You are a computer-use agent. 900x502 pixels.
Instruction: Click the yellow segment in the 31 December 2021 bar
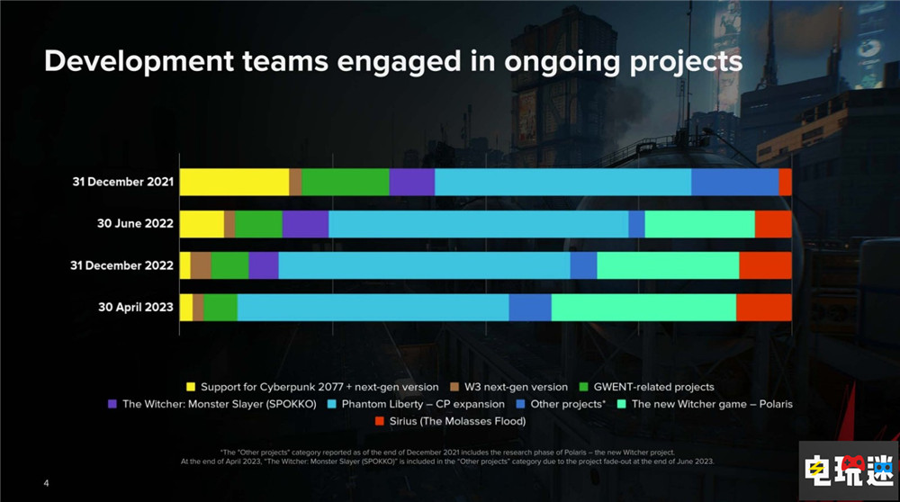tap(234, 182)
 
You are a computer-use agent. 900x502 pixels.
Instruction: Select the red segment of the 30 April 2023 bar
tap(763, 307)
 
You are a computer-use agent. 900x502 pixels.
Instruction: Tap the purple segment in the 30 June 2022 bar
tap(305, 224)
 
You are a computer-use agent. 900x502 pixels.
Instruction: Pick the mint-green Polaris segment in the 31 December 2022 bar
tap(668, 265)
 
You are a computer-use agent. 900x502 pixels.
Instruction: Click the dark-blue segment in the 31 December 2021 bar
tap(734, 182)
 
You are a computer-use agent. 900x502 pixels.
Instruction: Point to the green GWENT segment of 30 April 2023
tap(220, 307)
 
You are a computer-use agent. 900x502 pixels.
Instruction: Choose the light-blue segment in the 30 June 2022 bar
tap(478, 224)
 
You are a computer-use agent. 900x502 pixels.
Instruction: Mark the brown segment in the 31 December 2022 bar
tap(201, 265)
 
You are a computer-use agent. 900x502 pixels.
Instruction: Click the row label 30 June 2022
tap(135, 224)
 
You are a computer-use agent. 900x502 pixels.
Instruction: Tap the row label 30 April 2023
tap(135, 307)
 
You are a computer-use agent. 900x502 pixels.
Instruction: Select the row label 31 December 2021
tap(122, 182)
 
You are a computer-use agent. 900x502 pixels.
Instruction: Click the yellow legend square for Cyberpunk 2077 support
tap(190, 387)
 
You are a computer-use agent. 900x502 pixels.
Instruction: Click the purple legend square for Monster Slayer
tap(112, 404)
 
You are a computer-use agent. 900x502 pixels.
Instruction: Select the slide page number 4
tap(47, 483)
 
